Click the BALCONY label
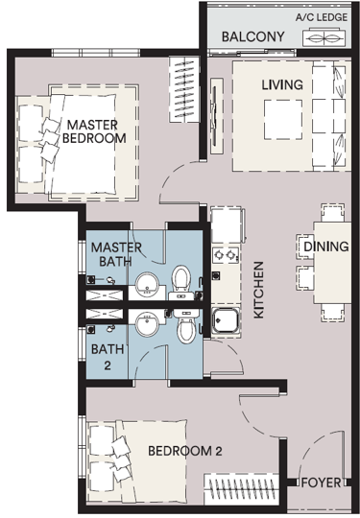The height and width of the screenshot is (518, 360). coord(252,36)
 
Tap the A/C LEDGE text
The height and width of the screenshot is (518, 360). coord(322,17)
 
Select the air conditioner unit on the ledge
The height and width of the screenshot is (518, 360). coord(324,38)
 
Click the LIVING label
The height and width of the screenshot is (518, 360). coord(282,84)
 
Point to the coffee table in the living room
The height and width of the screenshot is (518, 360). coord(283,120)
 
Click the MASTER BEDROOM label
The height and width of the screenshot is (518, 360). coord(94,131)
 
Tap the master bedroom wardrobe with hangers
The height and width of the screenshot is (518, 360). coord(184,89)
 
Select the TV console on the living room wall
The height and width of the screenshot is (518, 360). coord(217,116)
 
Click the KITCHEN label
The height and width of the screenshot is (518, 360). coord(258,290)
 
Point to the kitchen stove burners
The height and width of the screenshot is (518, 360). coord(226,255)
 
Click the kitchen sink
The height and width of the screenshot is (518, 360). coord(226,320)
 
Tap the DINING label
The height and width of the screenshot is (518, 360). coord(326,247)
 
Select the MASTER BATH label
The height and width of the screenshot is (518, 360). coord(116,254)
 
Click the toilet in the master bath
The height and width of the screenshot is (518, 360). coord(181,282)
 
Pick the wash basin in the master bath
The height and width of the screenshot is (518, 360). coord(147,284)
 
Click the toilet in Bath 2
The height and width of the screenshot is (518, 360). coord(186,327)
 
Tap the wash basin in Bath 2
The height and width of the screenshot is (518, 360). coord(147,323)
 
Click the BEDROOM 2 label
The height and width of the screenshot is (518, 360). coord(184,451)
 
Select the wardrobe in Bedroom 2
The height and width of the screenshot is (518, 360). coord(241,489)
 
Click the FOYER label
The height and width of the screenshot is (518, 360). coord(321,483)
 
